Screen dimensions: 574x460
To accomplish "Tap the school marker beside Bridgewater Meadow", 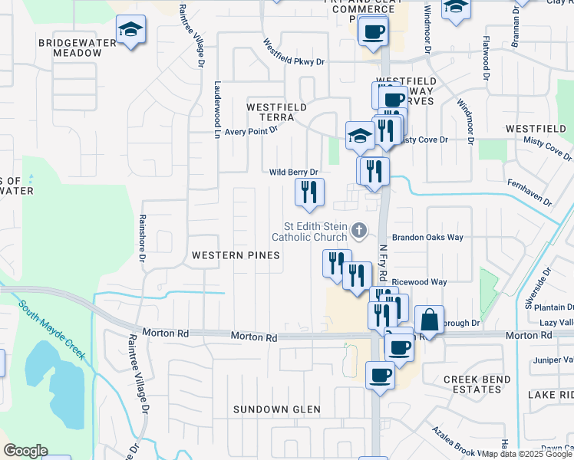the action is click(131, 31).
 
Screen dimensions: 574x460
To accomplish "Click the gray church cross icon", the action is click(358, 230).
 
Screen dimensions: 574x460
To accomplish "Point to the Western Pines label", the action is click(236, 255).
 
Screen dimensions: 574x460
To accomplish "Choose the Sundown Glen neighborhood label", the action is click(277, 409).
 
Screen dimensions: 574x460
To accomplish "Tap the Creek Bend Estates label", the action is click(473, 384).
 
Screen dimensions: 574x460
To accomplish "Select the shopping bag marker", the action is click(429, 320).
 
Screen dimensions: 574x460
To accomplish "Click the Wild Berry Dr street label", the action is click(293, 172).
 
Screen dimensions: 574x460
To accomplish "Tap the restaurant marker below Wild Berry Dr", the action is click(310, 192).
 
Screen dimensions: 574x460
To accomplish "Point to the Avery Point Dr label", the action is click(251, 131).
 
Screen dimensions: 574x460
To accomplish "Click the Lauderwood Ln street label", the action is click(217, 109).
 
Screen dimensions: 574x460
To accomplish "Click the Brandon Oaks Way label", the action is click(428, 238).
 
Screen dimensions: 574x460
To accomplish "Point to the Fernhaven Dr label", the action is click(529, 192).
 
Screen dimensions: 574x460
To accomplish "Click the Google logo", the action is click(25, 451).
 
